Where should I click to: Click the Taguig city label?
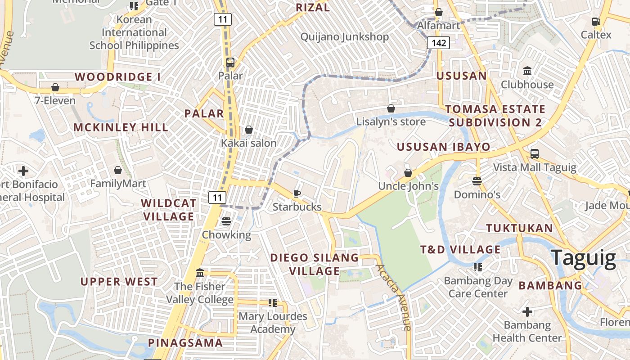pyautogui.click(x=583, y=258)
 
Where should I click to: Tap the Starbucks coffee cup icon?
pyautogui.click(x=297, y=194)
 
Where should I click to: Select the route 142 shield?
pyautogui.click(x=438, y=43)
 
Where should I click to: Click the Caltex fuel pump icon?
pyautogui.click(x=596, y=21)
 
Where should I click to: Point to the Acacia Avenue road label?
pyautogui.click(x=394, y=297)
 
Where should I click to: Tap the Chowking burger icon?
pyautogui.click(x=226, y=221)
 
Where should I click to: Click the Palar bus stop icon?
pyautogui.click(x=230, y=63)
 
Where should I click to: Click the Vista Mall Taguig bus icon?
pyautogui.click(x=534, y=154)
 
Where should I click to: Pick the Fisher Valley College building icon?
pyautogui.click(x=200, y=273)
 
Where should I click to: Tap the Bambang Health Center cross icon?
pyautogui.click(x=527, y=311)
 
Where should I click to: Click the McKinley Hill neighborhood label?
pyautogui.click(x=121, y=127)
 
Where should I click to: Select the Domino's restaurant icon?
pyautogui.click(x=477, y=181)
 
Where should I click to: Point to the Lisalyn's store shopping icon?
pyautogui.click(x=391, y=108)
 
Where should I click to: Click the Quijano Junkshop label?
pyautogui.click(x=344, y=37)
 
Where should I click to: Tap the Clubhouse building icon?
pyautogui.click(x=527, y=71)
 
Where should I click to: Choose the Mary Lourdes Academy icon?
pyautogui.click(x=272, y=303)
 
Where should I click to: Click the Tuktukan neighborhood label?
pyautogui.click(x=519, y=228)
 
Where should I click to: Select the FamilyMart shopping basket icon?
pyautogui.click(x=118, y=170)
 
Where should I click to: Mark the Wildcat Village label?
pyautogui.click(x=168, y=210)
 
